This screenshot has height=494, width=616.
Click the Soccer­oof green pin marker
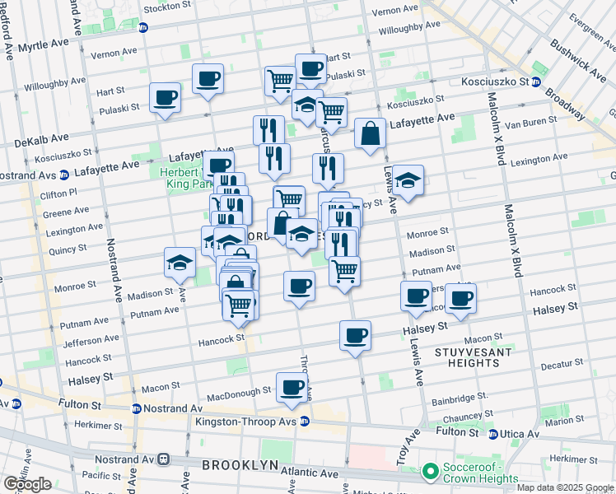429,471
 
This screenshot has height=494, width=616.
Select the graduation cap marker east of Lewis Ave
408,180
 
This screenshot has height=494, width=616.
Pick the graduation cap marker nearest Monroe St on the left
180,263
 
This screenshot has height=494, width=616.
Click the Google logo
27,484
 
